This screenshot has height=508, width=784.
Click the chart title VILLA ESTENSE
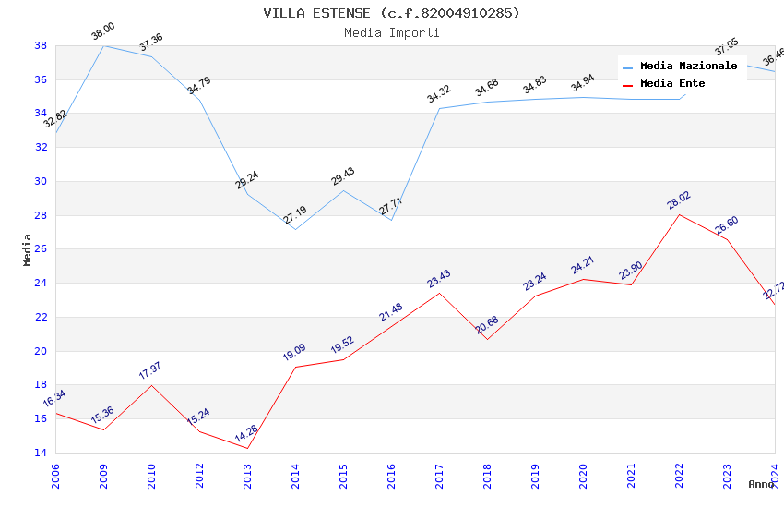[x=391, y=13]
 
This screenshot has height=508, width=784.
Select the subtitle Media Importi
[x=391, y=33]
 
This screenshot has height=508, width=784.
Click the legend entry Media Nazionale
[x=688, y=67]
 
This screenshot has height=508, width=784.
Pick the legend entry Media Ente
[x=672, y=84]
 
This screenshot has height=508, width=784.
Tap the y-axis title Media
[x=28, y=248]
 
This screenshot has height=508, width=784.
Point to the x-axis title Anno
[x=761, y=484]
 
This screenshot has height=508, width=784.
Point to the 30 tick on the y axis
[x=41, y=181]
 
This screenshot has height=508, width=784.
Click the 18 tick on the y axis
[x=41, y=385]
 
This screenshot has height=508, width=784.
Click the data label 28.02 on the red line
[x=680, y=201]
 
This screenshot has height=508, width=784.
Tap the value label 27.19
[x=295, y=216]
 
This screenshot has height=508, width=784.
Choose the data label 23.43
[x=438, y=279]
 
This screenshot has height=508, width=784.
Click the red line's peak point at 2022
[x=679, y=214]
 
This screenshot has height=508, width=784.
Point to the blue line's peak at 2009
[x=103, y=45]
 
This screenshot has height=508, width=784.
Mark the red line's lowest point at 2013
[x=247, y=448]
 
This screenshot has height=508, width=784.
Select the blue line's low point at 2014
[x=295, y=229]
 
